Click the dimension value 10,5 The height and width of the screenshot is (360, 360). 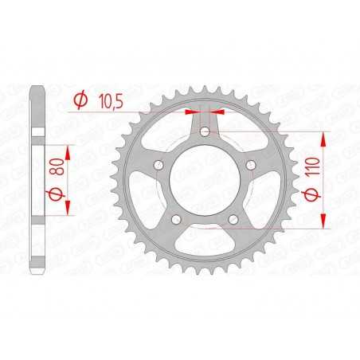point(112,101)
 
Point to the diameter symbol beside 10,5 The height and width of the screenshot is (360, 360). point(81,101)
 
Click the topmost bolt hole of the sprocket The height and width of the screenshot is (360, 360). point(205,131)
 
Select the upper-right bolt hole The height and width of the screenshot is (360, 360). point(251,165)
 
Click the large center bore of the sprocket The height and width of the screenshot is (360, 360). point(205,180)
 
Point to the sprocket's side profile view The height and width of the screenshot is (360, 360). point(37,180)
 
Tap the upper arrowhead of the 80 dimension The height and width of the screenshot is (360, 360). point(68,150)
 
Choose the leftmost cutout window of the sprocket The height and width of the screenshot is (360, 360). point(148,199)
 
